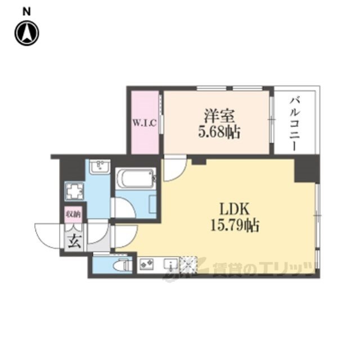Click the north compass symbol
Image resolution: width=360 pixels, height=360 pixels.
(27, 33)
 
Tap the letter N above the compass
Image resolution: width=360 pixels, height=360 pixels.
(27, 12)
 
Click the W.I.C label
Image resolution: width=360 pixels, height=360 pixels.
(145, 123)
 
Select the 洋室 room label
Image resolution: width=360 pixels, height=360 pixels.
(219, 116)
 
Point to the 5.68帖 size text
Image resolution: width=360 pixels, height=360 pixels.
(219, 133)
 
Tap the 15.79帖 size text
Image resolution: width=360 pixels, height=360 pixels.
(235, 226)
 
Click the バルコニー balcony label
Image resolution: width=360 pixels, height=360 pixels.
(295, 124)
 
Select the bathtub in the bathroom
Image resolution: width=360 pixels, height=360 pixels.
(136, 178)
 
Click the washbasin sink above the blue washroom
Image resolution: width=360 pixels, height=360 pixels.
(100, 167)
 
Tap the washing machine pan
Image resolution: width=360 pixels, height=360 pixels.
(74, 191)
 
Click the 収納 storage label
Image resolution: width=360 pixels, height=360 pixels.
(73, 214)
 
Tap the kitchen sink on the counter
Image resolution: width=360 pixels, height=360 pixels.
(170, 264)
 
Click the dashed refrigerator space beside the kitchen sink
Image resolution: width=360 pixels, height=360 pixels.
(188, 265)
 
